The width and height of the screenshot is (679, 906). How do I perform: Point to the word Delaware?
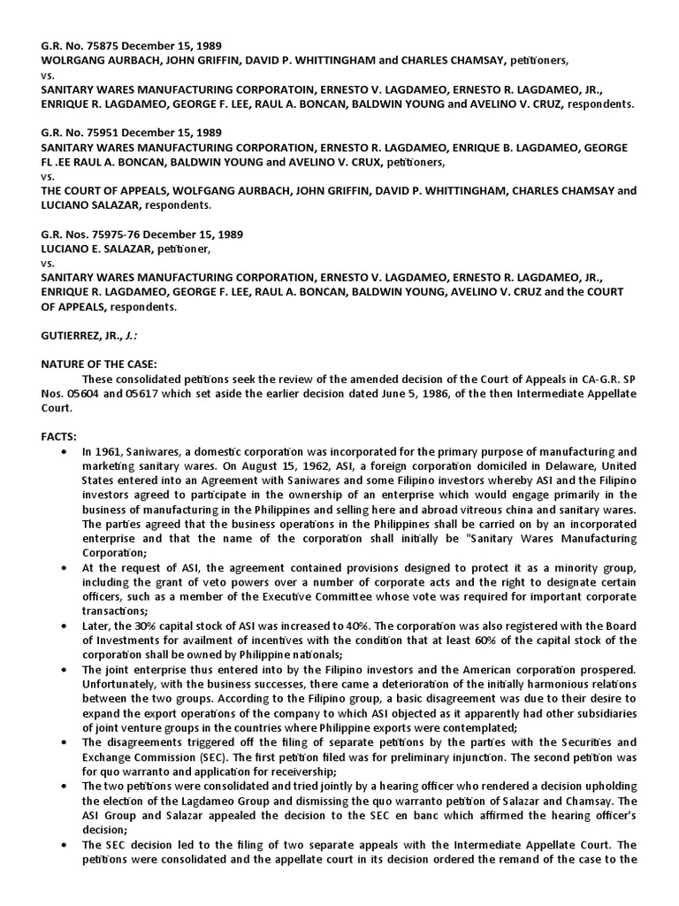[556, 465]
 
